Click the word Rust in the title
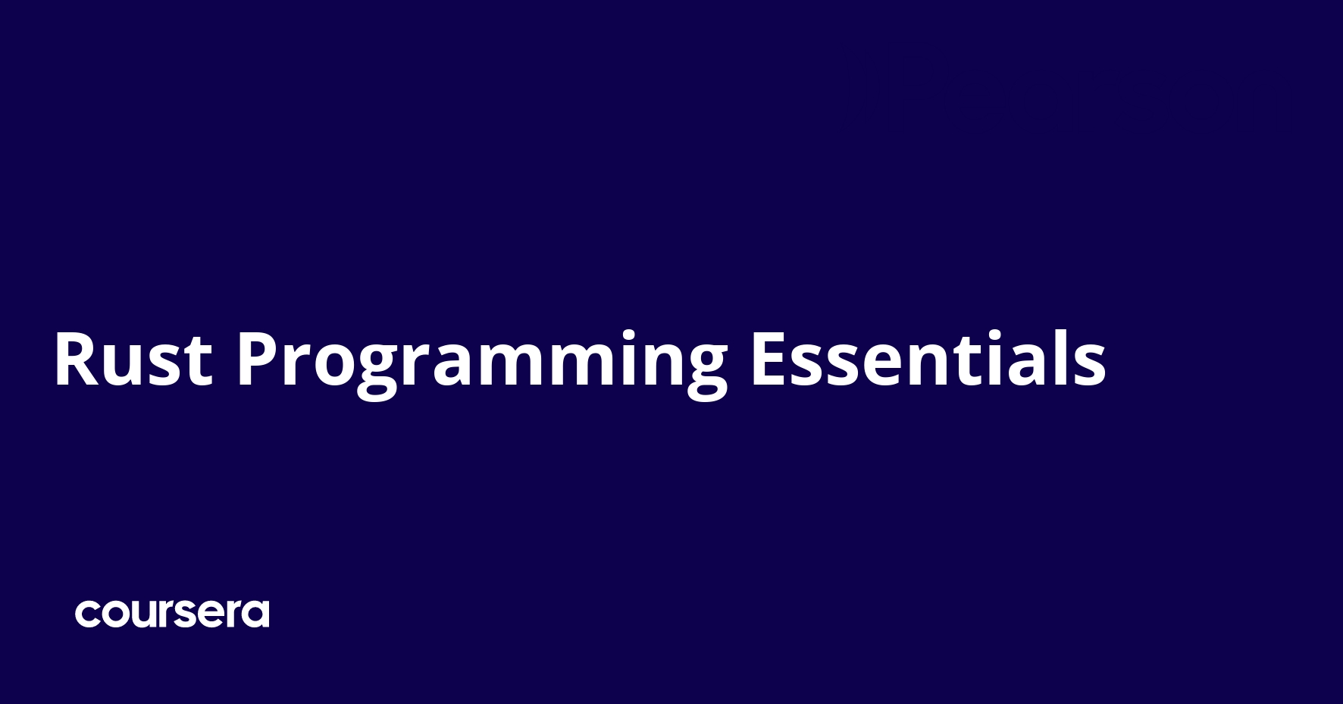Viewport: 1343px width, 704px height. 133,360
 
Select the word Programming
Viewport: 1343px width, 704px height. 482,365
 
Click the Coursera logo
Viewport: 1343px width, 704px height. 172,613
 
